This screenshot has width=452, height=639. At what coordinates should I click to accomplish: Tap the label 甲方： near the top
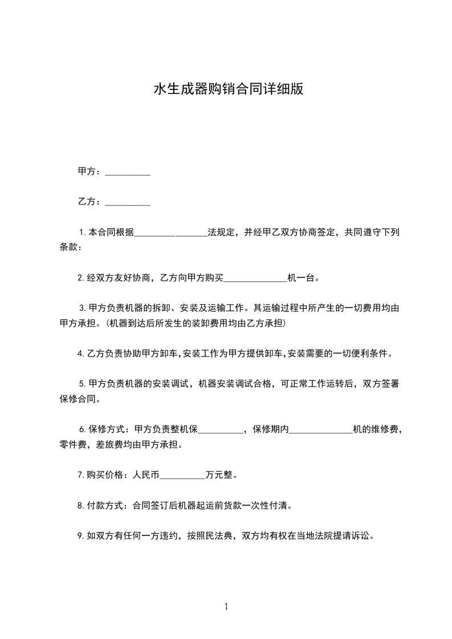[89, 171]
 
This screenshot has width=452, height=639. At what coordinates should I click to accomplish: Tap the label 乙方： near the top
[89, 202]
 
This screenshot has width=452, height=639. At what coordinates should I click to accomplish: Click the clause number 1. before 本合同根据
[83, 232]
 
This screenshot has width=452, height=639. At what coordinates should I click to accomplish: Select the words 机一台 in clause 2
[302, 278]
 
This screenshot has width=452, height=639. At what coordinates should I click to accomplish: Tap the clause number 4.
[81, 354]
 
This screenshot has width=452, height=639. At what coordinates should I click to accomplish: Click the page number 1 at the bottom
[226, 607]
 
